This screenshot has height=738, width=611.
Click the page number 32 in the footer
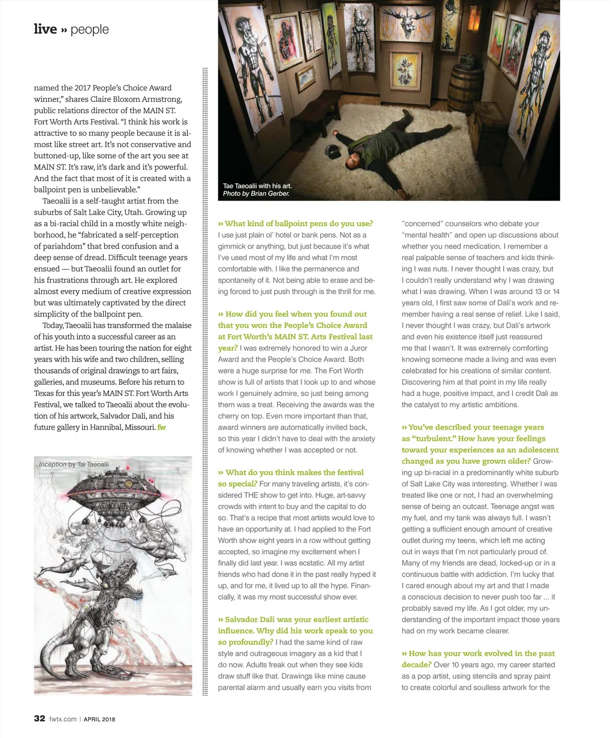point(40,718)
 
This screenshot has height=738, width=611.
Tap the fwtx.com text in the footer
point(63,719)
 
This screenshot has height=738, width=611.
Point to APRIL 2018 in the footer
point(99,719)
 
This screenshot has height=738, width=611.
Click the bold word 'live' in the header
point(45,29)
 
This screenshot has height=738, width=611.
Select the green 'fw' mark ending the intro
point(161,427)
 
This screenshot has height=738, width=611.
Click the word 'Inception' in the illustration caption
point(52,464)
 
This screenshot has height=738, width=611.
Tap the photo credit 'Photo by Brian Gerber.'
point(256,193)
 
